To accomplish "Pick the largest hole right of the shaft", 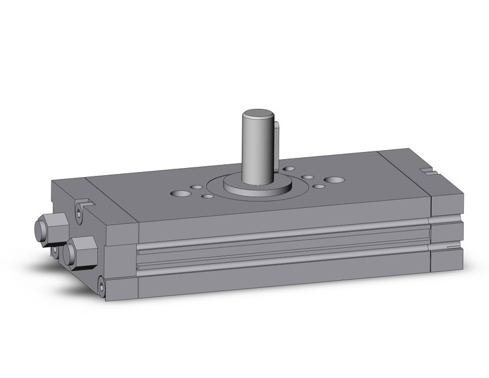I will [333, 180].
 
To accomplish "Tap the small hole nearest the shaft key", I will [290, 169].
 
